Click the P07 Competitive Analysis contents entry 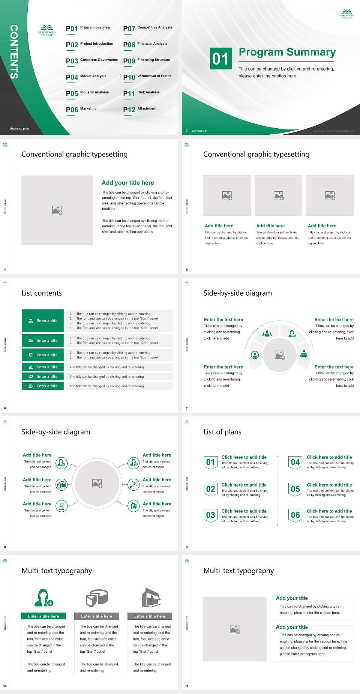pos(148,28)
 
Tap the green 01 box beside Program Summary pos(220,58)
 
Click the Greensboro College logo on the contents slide pos(46,30)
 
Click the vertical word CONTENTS pos(14,52)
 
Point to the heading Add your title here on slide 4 pos(127,183)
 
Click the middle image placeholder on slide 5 pos(278,195)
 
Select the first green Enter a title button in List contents pos(43,321)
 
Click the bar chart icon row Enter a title pos(43,367)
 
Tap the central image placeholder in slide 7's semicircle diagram pos(279,355)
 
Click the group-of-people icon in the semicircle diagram pos(267,333)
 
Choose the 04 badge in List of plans pos(295,462)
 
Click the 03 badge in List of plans pos(210,515)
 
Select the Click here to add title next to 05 pos(329,485)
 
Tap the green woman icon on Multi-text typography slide pos(43,598)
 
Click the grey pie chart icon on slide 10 pos(97,598)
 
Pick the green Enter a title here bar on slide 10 pos(43,616)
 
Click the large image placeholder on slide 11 pos(235,629)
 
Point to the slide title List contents pos(42,293)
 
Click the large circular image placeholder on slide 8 pos(97,483)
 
